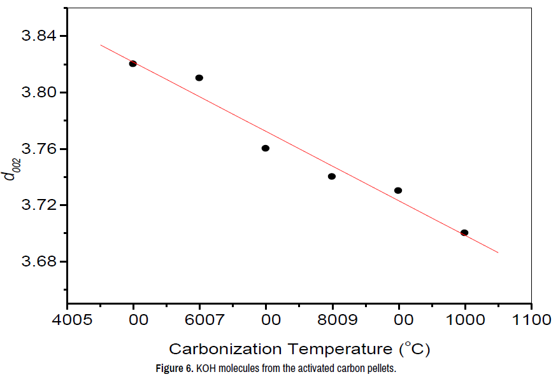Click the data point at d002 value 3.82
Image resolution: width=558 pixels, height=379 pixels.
point(133,64)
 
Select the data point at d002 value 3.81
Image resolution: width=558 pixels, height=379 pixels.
point(199,78)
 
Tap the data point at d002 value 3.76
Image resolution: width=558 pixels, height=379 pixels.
point(266,148)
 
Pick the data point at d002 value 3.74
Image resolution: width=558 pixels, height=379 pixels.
point(332,176)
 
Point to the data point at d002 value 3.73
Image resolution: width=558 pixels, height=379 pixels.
point(398,190)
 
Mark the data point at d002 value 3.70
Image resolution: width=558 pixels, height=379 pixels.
point(464,233)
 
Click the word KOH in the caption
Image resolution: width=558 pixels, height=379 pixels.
point(206,368)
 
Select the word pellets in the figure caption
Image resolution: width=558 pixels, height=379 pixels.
point(381,368)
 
